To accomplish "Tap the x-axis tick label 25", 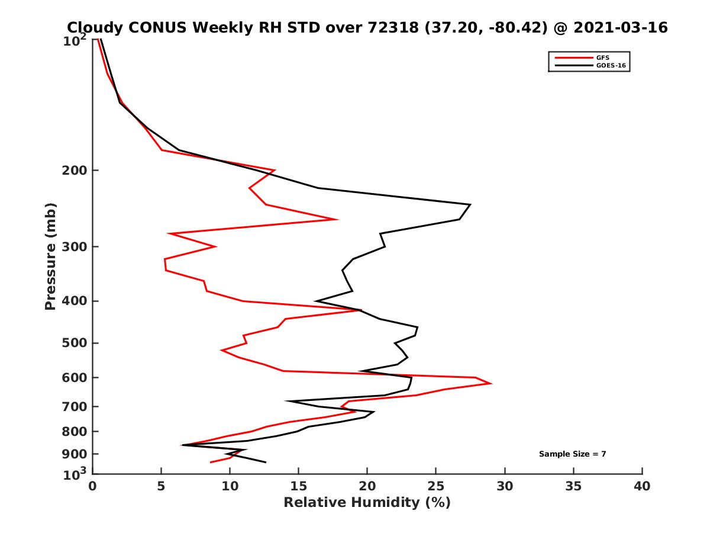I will pos(436,486).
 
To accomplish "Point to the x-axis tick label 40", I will pos(642,486).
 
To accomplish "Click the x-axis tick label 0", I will pos(92,486).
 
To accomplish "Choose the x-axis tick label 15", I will pos(298,486).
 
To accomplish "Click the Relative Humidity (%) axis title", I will pos(367,503).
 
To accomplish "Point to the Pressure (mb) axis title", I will pos(50,256).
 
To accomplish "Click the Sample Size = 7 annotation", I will pos(572,454).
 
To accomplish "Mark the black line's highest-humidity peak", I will pos(470,205).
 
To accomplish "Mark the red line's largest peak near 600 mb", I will pos(491,383).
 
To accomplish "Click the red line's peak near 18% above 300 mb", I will pos(337,219).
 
